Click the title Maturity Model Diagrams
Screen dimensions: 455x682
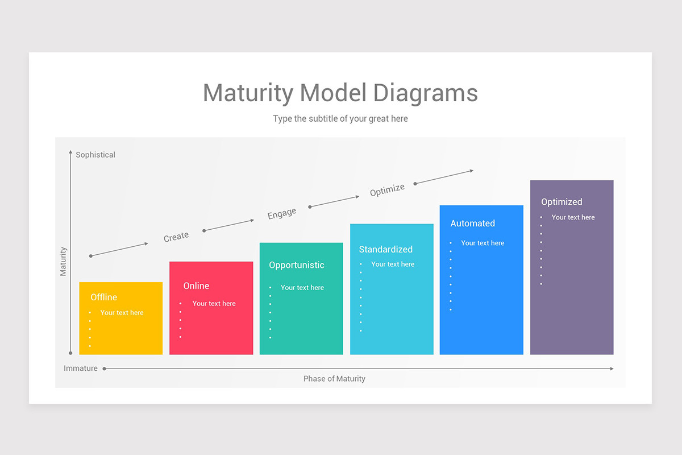pos(340,93)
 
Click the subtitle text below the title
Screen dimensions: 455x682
pos(340,119)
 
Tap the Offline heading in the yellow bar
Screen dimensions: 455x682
pos(104,297)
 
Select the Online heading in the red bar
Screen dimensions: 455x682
pos(196,286)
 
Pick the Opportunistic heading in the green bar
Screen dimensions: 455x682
pos(296,265)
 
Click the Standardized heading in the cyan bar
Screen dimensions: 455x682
pos(385,249)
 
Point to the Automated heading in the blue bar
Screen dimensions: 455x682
pos(472,224)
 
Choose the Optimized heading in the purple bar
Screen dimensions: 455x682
pos(562,202)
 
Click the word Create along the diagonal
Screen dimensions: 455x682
pos(176,237)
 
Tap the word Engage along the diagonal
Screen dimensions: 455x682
pos(282,214)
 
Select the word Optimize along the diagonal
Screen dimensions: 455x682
pos(387,190)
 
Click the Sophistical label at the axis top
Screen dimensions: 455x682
pos(95,155)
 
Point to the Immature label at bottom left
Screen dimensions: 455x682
pos(81,369)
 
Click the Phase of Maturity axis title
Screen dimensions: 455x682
pos(334,379)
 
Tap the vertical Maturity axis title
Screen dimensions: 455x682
pos(63,261)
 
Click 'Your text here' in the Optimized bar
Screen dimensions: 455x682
pos(573,217)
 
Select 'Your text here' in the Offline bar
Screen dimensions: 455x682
pos(122,313)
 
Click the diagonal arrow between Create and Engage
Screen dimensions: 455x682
pos(228,225)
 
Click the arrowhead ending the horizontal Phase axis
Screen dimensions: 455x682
pos(612,369)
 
